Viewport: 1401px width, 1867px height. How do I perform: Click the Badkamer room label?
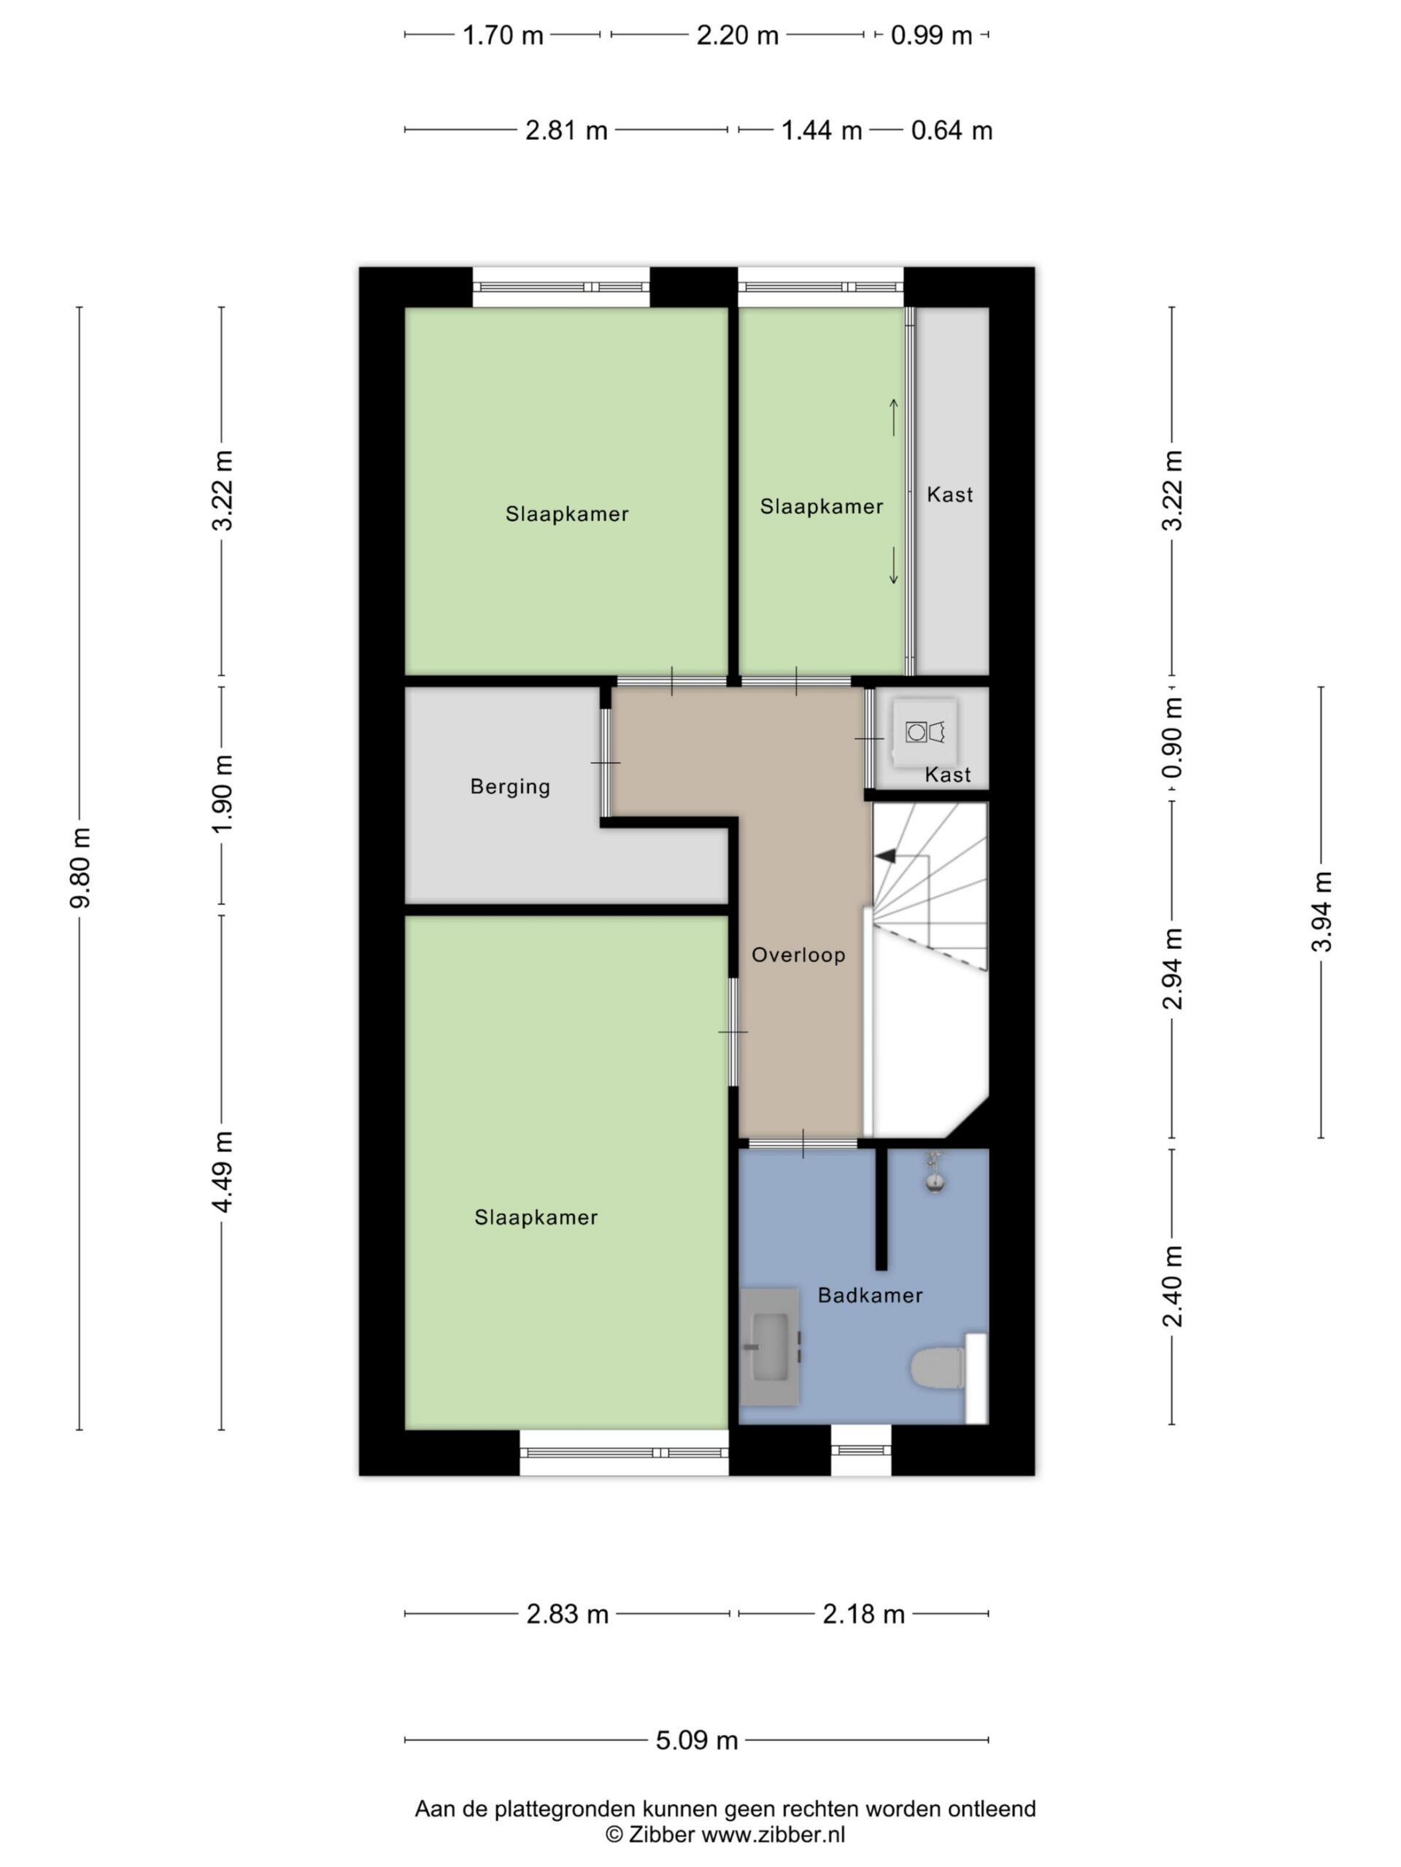pos(869,1295)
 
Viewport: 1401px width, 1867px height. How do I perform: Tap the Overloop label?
pos(798,955)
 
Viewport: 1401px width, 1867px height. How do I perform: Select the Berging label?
pos(509,787)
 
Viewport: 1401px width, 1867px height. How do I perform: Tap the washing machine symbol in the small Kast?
pos(925,731)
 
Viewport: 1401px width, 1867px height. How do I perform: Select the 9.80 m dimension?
pos(80,867)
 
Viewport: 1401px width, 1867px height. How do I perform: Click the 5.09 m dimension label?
pos(697,1740)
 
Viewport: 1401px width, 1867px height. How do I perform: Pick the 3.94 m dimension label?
pos(1321,912)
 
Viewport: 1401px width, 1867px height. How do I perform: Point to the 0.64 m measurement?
pos(951,131)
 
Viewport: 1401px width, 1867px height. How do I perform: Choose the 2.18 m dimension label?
pos(863,1615)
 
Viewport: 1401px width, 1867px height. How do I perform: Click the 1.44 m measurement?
pos(821,131)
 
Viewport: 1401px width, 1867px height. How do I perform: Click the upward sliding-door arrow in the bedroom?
pos(893,417)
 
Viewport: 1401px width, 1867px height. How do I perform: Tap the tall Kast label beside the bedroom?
pos(949,494)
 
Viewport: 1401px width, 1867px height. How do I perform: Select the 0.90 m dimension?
pos(1172,740)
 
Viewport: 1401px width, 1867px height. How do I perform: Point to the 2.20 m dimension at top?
pos(737,36)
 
